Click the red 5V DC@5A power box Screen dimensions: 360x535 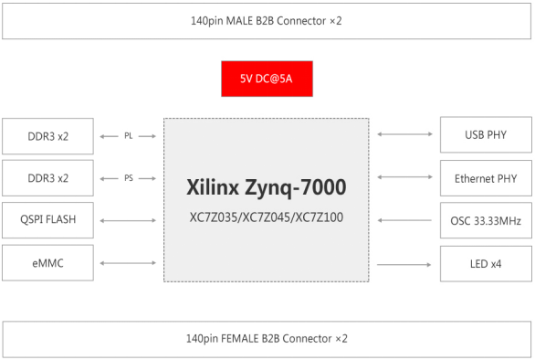(267, 79)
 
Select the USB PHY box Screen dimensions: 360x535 (485, 135)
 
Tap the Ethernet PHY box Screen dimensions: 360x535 (485, 178)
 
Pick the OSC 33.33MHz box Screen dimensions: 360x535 (485, 220)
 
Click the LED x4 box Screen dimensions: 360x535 (485, 263)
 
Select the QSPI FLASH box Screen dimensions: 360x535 (49, 220)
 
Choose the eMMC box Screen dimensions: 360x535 (49, 263)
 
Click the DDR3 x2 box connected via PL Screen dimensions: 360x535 (49, 135)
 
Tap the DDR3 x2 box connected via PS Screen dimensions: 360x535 (49, 178)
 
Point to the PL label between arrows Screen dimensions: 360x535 (129, 135)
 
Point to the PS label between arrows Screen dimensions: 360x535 (129, 178)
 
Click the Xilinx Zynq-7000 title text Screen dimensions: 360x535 (267, 186)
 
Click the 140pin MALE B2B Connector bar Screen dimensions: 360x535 (267, 19)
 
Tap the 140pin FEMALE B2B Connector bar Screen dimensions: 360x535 (267, 338)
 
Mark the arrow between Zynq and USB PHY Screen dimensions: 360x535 (404, 135)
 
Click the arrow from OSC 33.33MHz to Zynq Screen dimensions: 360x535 (404, 220)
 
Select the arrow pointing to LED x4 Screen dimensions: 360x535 (404, 263)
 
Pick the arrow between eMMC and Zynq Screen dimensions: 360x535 (129, 263)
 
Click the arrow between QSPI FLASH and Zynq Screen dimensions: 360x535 (129, 220)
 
